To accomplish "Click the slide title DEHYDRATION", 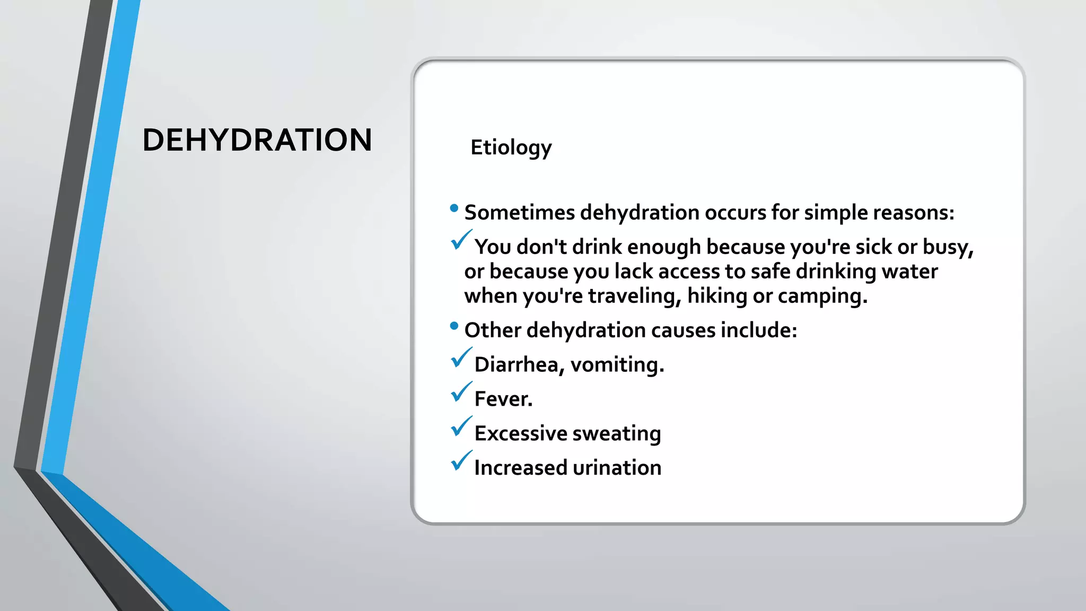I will tap(257, 140).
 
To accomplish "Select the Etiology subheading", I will tap(511, 147).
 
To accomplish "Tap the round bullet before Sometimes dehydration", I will tap(454, 208).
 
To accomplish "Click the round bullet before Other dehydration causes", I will tap(454, 326).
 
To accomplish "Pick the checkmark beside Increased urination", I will tap(460, 461).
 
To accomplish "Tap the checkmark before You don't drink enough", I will tap(460, 241).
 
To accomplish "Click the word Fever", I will tap(503, 399).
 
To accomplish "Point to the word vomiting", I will tap(617, 365).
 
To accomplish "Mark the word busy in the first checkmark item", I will tap(947, 247).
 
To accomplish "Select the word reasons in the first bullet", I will tap(913, 213).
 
